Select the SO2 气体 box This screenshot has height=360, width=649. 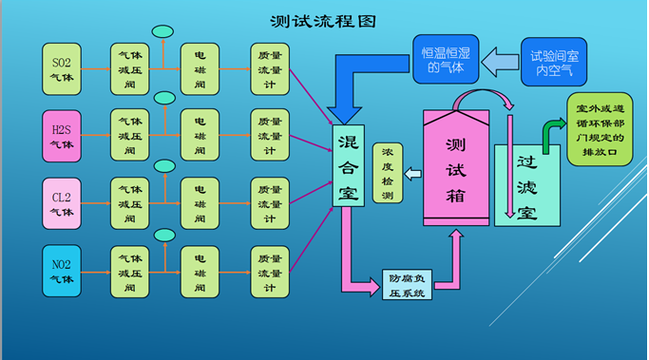coord(67,68)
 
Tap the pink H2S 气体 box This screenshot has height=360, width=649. coord(67,136)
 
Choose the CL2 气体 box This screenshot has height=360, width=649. coord(67,203)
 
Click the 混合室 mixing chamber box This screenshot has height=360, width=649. coord(348,166)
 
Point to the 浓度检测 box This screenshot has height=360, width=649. coord(387,172)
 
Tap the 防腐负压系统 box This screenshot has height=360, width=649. coord(407,285)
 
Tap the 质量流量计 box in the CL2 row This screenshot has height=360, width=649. coord(270,203)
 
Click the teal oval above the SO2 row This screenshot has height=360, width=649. coord(163,31)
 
